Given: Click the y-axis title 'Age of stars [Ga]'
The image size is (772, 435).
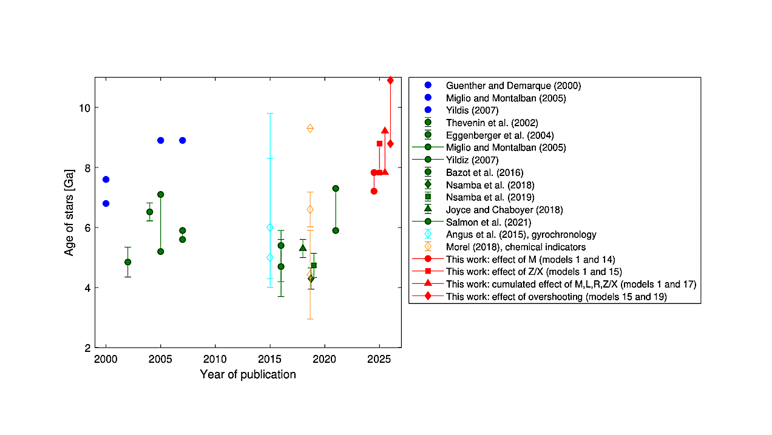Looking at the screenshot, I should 70,212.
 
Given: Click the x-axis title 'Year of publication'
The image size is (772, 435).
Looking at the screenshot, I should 248,374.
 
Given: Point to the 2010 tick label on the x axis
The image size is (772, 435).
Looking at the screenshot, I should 215,359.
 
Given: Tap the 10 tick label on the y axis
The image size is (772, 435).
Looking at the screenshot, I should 84,108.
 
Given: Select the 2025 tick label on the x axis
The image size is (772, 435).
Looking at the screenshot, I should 379,359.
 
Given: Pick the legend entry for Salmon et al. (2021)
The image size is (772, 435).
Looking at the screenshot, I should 489,222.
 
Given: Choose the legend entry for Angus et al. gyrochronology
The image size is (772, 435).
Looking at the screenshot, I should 521,234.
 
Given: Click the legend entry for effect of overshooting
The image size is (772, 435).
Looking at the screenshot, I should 556,297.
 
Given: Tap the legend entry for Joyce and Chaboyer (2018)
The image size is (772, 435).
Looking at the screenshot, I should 504,210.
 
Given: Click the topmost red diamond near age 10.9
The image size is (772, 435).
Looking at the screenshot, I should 390,80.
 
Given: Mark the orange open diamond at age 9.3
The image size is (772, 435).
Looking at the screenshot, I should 310,128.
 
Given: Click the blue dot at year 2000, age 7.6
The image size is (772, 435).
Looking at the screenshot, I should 106,180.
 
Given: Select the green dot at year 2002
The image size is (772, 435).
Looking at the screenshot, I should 127,262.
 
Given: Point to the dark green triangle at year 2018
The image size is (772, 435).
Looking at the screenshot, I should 303,248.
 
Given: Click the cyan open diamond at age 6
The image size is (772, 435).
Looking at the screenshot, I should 270,228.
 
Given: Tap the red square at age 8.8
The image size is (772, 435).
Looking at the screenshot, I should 379,144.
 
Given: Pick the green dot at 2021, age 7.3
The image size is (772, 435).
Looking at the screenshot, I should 336,188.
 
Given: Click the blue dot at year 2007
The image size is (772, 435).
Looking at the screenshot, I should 182,140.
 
